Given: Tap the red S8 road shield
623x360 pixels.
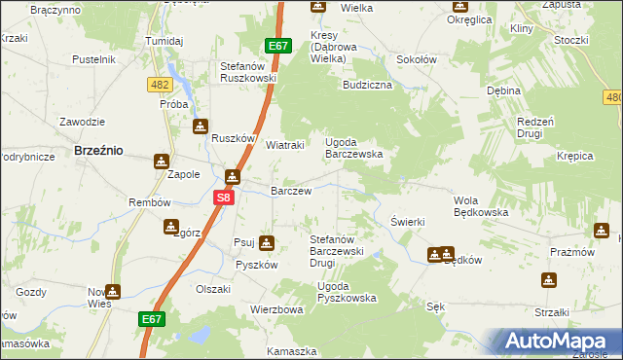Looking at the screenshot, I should pyautogui.click(x=224, y=197).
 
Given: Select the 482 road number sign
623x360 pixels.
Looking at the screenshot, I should pyautogui.click(x=161, y=86).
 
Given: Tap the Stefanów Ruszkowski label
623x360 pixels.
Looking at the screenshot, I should pyautogui.click(x=248, y=73).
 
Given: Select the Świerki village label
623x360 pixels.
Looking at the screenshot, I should pyautogui.click(x=408, y=222).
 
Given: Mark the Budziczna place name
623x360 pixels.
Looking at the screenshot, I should pyautogui.click(x=367, y=85).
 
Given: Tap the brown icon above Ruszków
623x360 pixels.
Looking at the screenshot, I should pyautogui.click(x=200, y=126).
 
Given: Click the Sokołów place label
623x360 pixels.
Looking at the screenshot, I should pyautogui.click(x=416, y=59).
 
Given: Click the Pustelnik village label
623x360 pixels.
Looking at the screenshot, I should pyautogui.click(x=94, y=59).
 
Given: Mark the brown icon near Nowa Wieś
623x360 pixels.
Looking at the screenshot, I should pyautogui.click(x=113, y=290).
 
